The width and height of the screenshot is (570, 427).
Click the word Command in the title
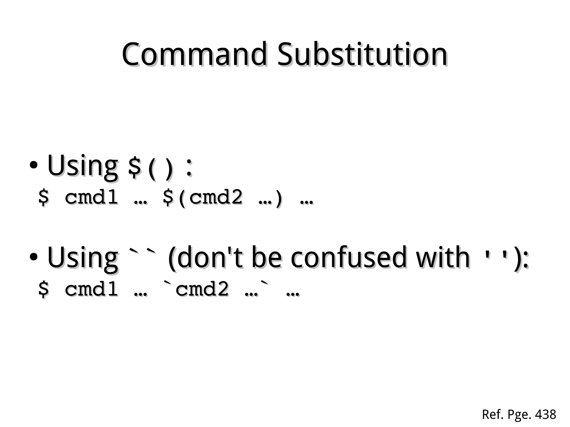click(x=194, y=54)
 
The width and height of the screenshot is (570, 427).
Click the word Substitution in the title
click(x=362, y=54)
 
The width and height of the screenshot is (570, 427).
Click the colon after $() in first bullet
click(x=189, y=168)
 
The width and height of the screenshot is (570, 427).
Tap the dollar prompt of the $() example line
click(x=43, y=197)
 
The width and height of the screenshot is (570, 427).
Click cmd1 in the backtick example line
click(x=91, y=289)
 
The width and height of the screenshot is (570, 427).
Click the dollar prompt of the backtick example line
click(x=43, y=289)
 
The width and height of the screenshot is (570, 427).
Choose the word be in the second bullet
click(x=267, y=258)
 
